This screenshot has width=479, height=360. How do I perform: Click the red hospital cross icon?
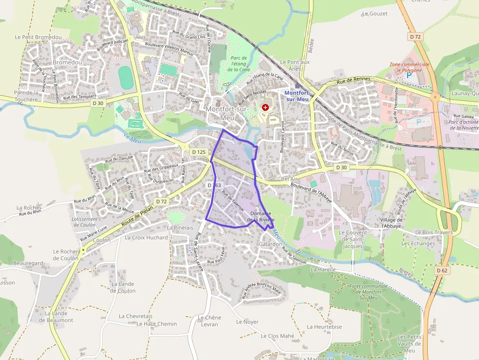click(x=265, y=106)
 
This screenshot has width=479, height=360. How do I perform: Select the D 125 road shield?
click(x=200, y=152)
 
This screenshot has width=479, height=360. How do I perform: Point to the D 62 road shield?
click(x=442, y=270)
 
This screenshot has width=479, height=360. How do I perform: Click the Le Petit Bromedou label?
click(x=38, y=37)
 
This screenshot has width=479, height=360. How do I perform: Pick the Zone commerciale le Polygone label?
click(x=410, y=67)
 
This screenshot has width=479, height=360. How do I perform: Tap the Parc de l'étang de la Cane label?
click(x=239, y=64)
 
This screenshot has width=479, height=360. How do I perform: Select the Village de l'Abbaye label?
click(x=391, y=223)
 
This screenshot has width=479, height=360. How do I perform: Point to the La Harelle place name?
click(x=323, y=269)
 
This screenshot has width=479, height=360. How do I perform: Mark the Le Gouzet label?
click(x=375, y=14)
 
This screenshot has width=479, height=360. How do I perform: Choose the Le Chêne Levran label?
click(x=209, y=321)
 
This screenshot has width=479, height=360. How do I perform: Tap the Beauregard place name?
click(x=28, y=263)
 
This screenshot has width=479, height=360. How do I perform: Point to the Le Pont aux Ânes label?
click(x=295, y=65)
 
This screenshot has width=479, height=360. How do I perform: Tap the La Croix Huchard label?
click(x=146, y=238)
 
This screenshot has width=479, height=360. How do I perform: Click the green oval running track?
click(x=126, y=78)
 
